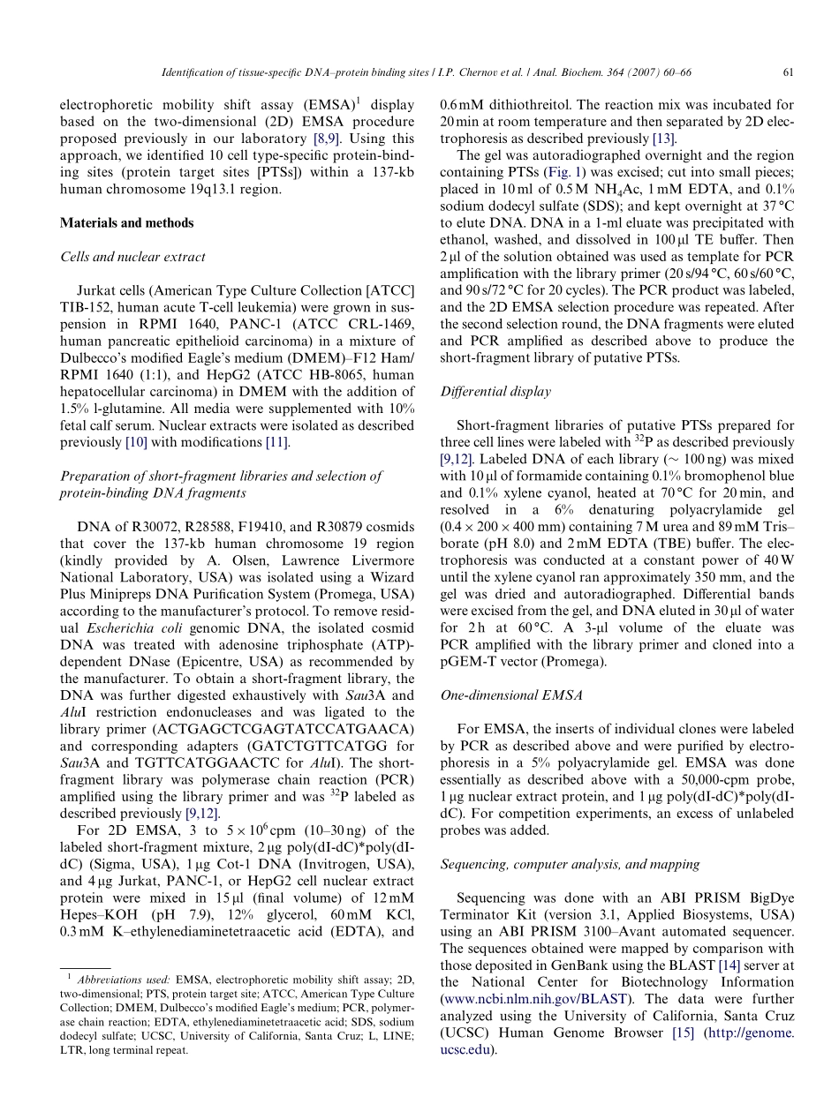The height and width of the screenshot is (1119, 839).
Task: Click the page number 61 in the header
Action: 788,72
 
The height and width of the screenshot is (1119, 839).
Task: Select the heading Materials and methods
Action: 126,223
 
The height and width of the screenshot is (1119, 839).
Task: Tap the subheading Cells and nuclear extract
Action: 132,257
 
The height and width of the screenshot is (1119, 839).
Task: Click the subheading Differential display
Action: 495,391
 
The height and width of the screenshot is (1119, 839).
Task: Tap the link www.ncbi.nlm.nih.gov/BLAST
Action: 535,999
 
